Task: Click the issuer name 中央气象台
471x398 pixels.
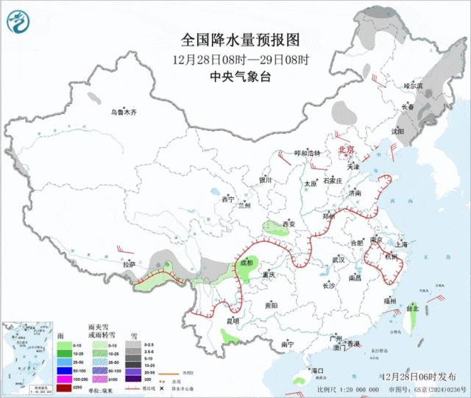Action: point(241,77)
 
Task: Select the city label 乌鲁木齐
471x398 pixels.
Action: point(124,112)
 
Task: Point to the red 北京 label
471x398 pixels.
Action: point(345,149)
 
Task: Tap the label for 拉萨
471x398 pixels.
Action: point(130,264)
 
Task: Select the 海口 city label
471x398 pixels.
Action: point(317,369)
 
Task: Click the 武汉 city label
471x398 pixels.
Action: point(339,260)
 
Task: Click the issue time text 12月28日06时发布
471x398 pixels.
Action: point(424,375)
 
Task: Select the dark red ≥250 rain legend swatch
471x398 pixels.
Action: point(64,387)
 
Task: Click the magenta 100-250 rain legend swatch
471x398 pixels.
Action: point(64,377)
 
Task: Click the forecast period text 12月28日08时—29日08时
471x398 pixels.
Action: point(241,59)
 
